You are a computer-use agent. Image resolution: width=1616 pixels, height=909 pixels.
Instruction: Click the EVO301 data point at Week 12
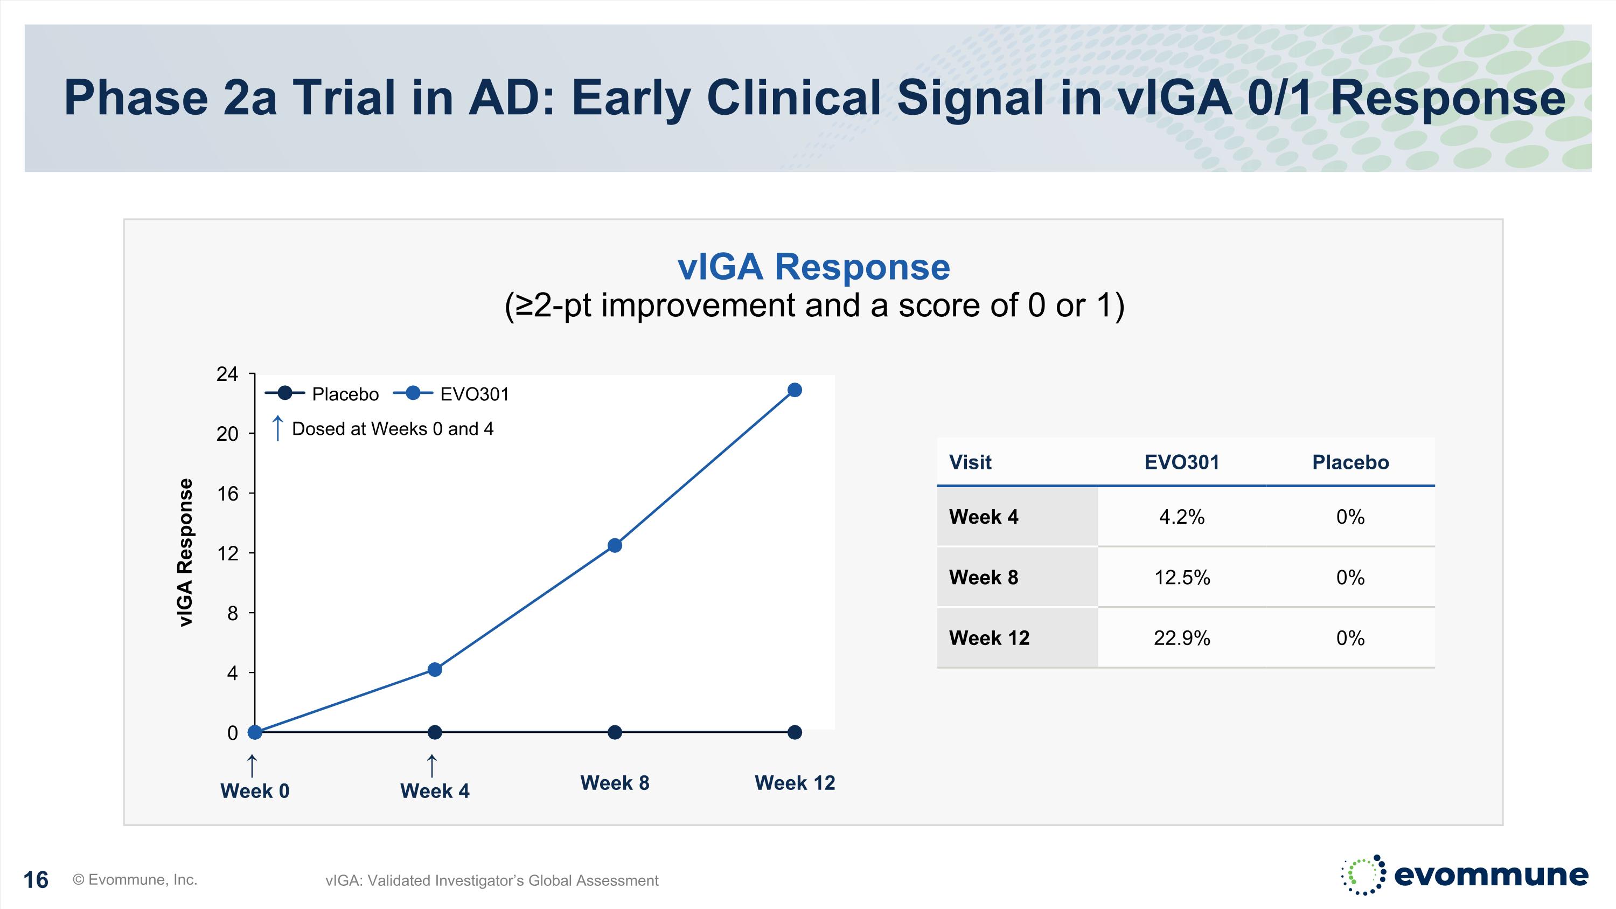pyautogui.click(x=794, y=390)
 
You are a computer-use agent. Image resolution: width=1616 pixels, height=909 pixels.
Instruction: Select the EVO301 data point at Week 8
pyautogui.click(x=615, y=546)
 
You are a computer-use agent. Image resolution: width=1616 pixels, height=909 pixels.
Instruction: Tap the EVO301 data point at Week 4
pyautogui.click(x=435, y=670)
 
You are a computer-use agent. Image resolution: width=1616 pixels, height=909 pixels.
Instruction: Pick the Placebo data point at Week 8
pyautogui.click(x=615, y=732)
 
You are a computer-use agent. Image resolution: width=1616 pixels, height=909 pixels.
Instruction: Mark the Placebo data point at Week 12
pyautogui.click(x=794, y=732)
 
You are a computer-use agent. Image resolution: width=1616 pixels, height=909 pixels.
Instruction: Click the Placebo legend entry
pyautogui.click(x=323, y=394)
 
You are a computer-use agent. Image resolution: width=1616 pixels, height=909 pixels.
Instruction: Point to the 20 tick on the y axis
pyautogui.click(x=227, y=433)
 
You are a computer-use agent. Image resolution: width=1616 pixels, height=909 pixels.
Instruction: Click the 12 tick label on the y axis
pyautogui.click(x=227, y=553)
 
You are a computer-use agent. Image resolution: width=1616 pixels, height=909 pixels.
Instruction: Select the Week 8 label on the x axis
pyautogui.click(x=615, y=783)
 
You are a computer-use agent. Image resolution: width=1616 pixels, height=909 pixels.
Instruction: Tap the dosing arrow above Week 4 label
pyautogui.click(x=431, y=766)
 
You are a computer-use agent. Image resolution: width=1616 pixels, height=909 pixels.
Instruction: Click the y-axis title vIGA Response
pyautogui.click(x=185, y=553)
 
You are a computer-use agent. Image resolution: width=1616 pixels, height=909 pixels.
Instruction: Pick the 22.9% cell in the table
pyautogui.click(x=1181, y=638)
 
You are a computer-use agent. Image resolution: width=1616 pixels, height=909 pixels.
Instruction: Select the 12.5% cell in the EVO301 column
pyautogui.click(x=1181, y=577)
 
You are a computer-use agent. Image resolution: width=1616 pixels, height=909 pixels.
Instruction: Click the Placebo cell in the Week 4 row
pyautogui.click(x=1350, y=517)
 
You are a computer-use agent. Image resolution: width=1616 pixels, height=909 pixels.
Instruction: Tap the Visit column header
pyautogui.click(x=970, y=462)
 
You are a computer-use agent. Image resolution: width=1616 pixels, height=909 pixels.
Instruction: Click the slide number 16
pyautogui.click(x=36, y=880)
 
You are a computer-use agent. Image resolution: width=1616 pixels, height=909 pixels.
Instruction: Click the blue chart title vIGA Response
pyautogui.click(x=813, y=267)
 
